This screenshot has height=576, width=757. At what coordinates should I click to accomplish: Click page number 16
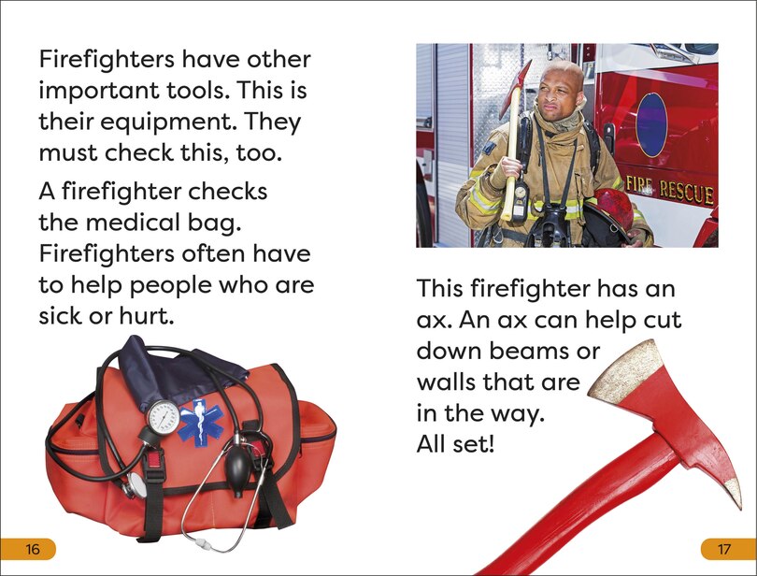pos(33,549)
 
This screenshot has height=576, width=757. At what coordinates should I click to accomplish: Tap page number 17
pos(722,549)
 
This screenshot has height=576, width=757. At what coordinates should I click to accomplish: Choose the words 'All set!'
pos(455,444)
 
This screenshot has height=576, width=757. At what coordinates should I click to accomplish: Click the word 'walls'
pos(449,382)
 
